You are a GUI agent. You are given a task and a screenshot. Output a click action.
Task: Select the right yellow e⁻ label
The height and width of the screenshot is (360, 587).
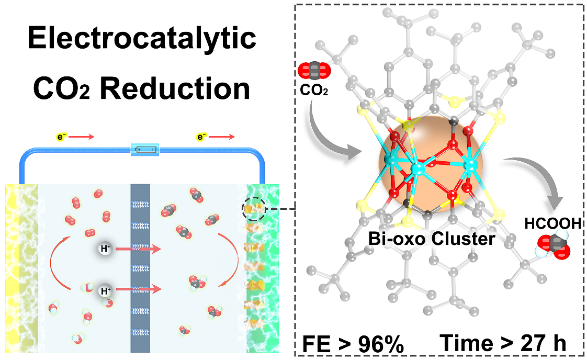click(201, 138)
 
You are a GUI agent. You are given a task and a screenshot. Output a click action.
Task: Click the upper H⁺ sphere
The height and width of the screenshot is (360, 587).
click(105, 249)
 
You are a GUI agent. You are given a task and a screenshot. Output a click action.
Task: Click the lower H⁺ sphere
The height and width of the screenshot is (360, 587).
click(105, 288)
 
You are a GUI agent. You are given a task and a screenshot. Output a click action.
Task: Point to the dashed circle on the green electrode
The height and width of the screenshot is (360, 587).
click(253, 209)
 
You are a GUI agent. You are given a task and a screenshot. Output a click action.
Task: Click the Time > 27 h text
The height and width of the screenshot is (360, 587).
click(503, 344)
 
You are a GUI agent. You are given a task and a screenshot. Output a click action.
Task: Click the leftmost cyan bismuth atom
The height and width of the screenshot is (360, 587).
click(390, 157)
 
